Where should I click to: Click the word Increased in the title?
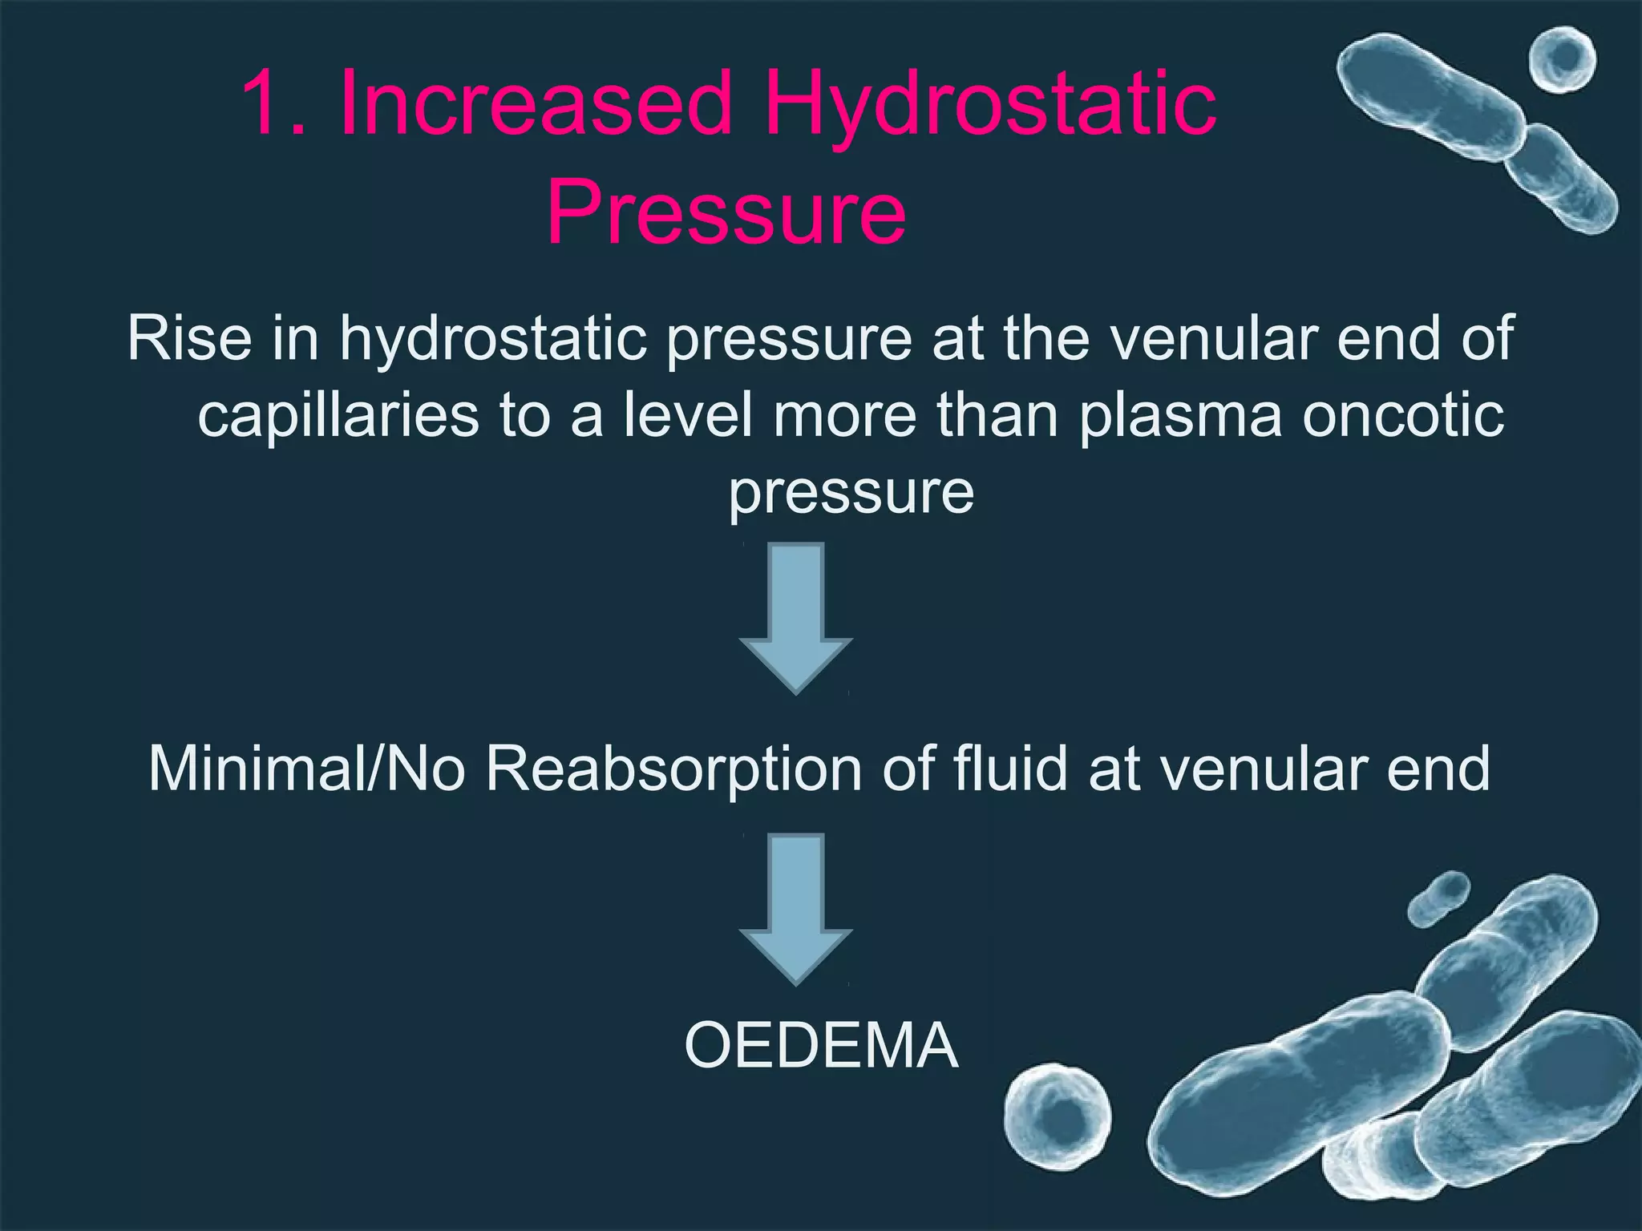click(x=535, y=104)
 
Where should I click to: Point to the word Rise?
click(x=189, y=338)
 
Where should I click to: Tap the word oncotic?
click(x=1403, y=417)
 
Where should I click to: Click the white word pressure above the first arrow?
click(x=851, y=493)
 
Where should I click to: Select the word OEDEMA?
click(x=821, y=1046)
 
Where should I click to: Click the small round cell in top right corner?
click(x=1562, y=59)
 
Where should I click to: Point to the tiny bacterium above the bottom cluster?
click(x=1439, y=899)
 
